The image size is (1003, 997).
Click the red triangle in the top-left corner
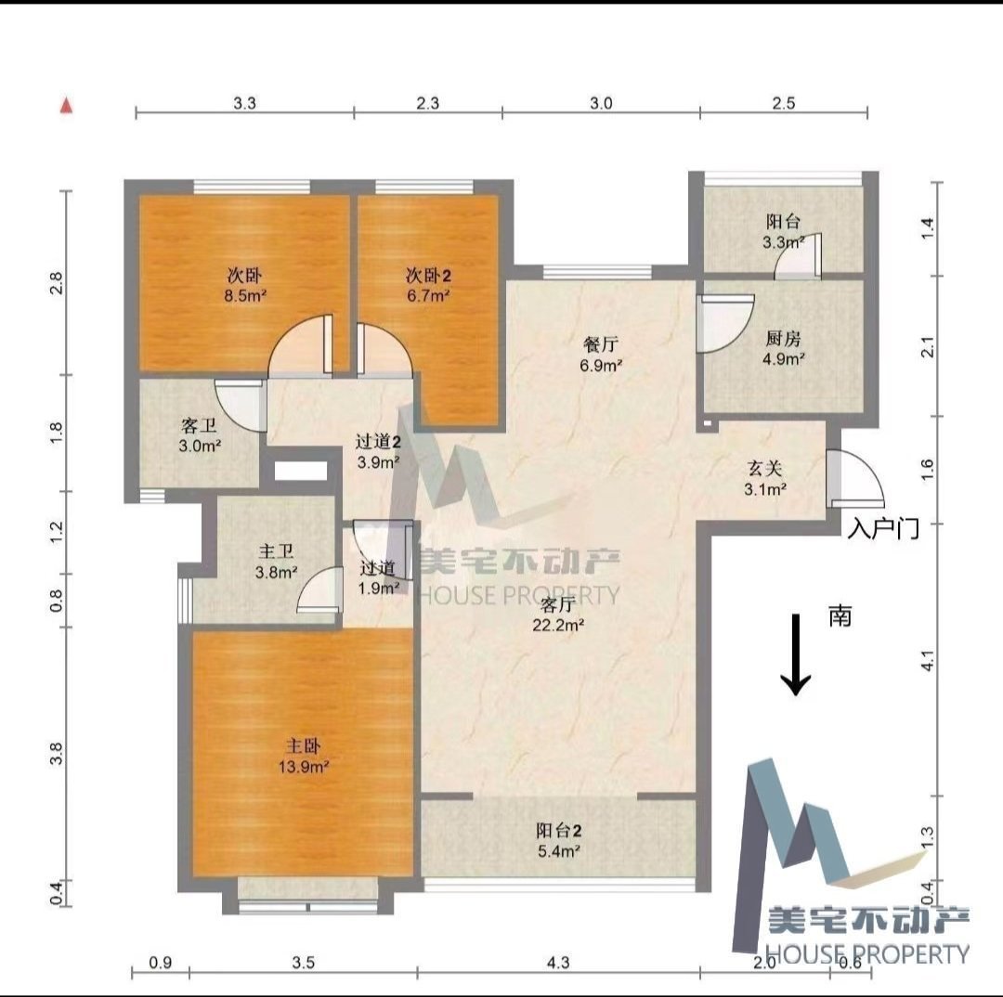tap(67, 106)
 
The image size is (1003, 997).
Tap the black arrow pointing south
tap(797, 654)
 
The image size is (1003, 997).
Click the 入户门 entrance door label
tap(883, 529)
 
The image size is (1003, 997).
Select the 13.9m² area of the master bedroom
tap(303, 766)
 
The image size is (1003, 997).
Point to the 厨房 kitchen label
tap(782, 338)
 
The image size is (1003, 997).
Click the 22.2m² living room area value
tap(558, 625)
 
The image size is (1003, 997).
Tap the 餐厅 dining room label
tap(601, 344)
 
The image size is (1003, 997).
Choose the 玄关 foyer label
tap(765, 469)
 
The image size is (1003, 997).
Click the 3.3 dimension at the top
tap(244, 103)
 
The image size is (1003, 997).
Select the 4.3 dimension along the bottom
tap(558, 963)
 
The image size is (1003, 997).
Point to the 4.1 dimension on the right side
tap(928, 661)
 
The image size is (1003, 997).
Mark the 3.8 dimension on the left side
tap(57, 754)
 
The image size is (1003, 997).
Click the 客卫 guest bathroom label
tap(199, 426)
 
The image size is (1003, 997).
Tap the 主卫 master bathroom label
tap(276, 551)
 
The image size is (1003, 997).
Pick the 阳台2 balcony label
tap(558, 831)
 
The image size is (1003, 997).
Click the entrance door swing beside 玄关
tap(854, 478)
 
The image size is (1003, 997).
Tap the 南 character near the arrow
tap(840, 615)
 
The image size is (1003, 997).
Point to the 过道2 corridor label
tap(378, 441)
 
